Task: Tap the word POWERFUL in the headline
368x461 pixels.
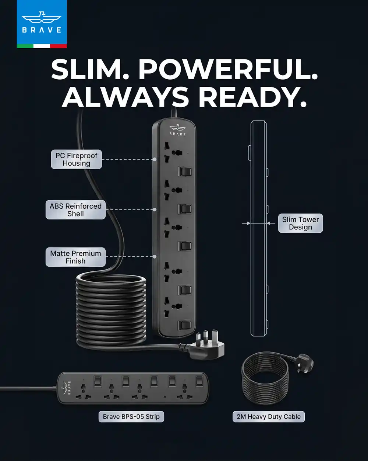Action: [228, 69]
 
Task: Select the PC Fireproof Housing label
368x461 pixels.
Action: [76, 159]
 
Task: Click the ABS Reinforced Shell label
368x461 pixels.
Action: [75, 210]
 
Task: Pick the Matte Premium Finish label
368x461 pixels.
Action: [75, 257]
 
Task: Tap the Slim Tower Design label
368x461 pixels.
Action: [300, 223]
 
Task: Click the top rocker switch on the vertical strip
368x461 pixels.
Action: [185, 172]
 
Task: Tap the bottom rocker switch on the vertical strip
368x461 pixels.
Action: [185, 325]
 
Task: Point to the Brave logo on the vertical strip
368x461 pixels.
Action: [177, 130]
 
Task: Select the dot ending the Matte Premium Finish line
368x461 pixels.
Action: [155, 257]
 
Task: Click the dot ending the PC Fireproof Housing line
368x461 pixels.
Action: [155, 159]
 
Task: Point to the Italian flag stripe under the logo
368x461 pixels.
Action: [42, 46]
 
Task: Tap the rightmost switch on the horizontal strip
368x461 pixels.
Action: [199, 382]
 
